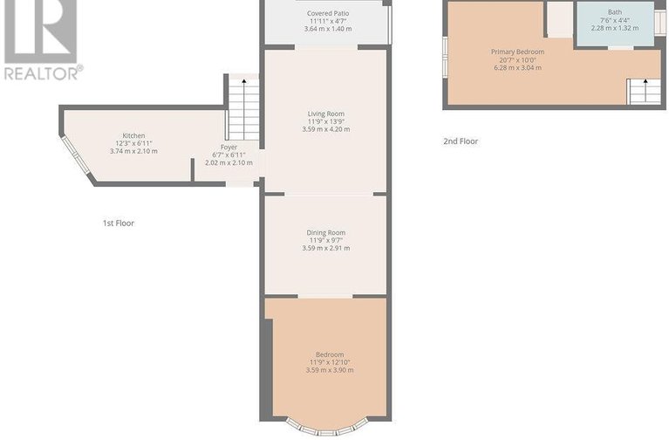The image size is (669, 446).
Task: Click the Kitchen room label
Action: click(x=133, y=135)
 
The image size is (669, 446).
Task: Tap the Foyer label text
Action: click(x=229, y=148)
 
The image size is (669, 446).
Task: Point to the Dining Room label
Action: click(x=326, y=232)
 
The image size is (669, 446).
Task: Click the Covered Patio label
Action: click(x=328, y=14)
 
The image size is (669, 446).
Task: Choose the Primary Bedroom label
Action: click(x=518, y=51)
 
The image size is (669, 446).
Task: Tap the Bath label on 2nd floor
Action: click(x=615, y=12)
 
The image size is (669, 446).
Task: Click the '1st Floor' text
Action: click(x=119, y=223)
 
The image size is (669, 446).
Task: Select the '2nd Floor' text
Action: click(x=461, y=141)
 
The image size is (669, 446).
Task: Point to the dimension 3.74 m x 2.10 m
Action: click(x=133, y=151)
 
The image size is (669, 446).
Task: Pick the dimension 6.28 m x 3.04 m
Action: click(x=518, y=67)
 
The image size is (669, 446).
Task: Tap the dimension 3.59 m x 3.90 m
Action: click(x=330, y=370)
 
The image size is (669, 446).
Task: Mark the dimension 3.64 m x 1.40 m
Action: click(x=328, y=29)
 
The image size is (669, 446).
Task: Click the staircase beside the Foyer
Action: click(x=243, y=109)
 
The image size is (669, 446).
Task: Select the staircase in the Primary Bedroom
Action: click(x=643, y=91)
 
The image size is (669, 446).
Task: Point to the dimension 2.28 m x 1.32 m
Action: click(x=615, y=28)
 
